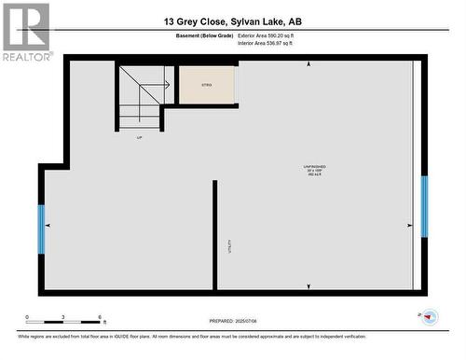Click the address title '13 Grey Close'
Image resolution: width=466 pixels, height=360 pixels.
190,21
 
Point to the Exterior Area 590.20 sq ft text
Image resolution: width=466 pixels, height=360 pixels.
272,35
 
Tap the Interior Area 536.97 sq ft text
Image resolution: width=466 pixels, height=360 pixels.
272,43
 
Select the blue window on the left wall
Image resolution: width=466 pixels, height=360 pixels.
41,228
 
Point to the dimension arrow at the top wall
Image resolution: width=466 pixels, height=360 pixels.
308,64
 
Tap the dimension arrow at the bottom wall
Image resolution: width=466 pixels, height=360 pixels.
308,286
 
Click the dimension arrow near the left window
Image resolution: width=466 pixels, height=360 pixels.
48,226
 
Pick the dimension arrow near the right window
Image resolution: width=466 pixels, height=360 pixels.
410,226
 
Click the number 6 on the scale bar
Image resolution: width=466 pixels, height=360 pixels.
99,318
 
